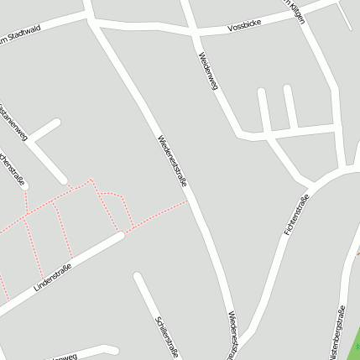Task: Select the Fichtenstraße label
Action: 297,215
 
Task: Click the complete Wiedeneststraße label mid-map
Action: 170,159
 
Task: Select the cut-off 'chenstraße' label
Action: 12,169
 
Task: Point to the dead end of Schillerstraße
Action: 137,276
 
